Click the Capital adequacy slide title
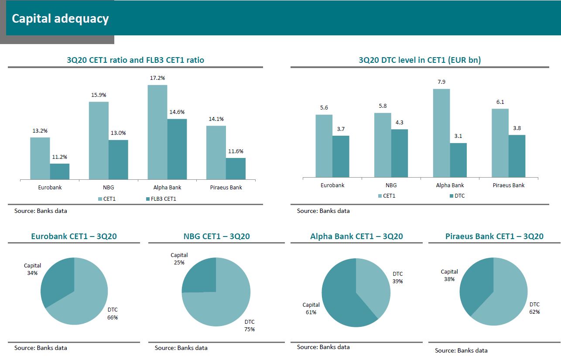point(60,19)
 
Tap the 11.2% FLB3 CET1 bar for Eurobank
point(60,171)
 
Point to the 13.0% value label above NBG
point(118,133)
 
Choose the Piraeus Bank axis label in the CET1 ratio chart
point(226,188)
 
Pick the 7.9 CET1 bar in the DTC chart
point(441,133)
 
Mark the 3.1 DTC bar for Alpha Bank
point(458,160)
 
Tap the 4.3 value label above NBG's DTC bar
point(399,123)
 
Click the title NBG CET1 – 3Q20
point(216,237)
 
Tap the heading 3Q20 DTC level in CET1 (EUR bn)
point(420,60)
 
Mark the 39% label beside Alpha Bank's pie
point(397,281)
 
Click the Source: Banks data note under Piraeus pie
point(461,350)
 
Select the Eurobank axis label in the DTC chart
point(332,185)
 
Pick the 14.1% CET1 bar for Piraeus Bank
point(216,152)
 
